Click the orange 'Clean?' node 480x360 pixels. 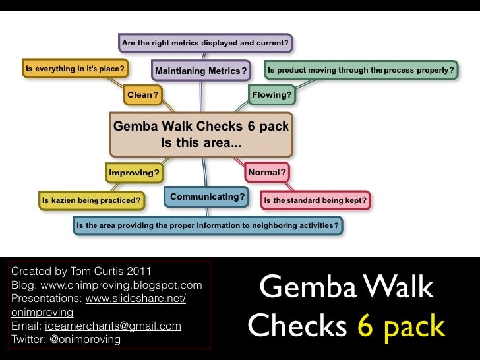coord(142,95)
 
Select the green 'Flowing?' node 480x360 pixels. coord(272,95)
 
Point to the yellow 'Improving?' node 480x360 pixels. coord(135,173)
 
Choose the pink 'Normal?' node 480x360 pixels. coord(266,173)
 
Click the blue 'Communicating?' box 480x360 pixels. coord(208,196)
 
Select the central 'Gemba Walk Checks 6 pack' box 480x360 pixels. coord(201,134)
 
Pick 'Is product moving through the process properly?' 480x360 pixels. coord(360,70)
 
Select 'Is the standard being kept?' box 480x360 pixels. coord(315,200)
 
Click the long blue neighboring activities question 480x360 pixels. coord(208,225)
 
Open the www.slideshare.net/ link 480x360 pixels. coord(135,299)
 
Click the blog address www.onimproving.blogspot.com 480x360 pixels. coord(121,285)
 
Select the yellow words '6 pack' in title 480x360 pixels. coord(402,325)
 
